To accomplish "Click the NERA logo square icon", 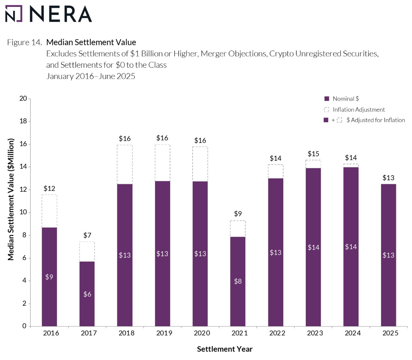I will [14, 14].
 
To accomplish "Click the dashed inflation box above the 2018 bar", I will [125, 164].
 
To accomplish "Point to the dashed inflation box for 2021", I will [238, 228].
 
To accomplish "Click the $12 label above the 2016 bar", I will [49, 189].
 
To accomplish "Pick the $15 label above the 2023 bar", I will [313, 154].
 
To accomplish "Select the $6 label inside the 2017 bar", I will [87, 294].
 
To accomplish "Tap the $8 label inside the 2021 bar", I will [238, 281].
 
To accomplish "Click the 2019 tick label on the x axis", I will [164, 333].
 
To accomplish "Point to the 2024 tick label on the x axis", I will [352, 333].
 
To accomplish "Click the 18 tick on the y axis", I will [23, 121].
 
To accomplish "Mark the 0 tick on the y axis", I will [25, 326].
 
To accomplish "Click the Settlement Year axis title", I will [225, 349].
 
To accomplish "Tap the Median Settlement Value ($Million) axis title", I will [11, 199].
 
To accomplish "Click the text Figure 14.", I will [25, 43].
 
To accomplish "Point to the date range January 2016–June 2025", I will [91, 76].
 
